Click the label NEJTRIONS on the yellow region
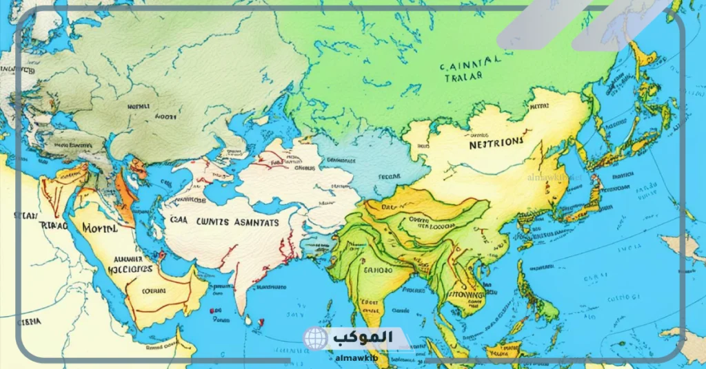click(495, 144)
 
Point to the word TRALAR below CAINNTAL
click(464, 79)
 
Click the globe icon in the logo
click(315, 339)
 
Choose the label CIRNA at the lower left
click(29, 321)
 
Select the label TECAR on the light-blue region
click(390, 176)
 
